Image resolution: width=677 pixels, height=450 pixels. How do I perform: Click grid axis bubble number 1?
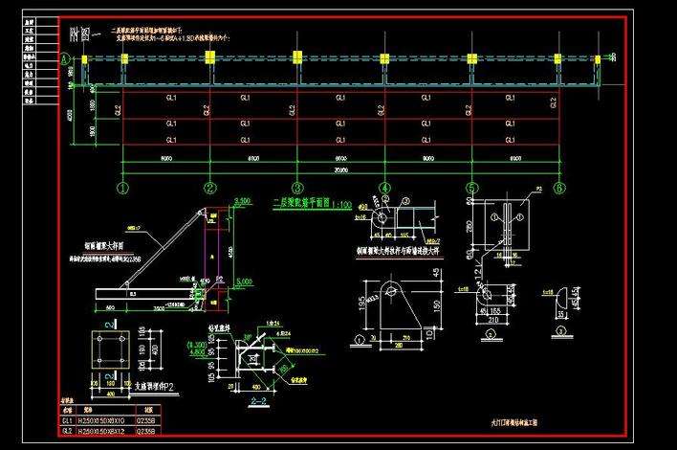(x=122, y=188)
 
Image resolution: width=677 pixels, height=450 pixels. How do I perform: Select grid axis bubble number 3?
(x=297, y=188)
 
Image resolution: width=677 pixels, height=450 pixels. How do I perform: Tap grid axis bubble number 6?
(x=559, y=188)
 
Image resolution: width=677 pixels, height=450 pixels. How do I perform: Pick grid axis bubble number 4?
(x=384, y=188)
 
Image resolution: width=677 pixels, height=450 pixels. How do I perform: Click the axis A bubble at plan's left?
(x=65, y=58)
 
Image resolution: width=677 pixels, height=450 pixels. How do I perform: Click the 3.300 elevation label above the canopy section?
(x=243, y=202)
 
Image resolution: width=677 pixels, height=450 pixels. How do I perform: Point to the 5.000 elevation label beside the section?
(x=243, y=282)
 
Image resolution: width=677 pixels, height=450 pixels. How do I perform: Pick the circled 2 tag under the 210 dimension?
(x=490, y=334)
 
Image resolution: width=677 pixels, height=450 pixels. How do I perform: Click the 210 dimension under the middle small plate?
(x=489, y=322)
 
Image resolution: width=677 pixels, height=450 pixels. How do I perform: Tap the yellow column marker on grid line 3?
(x=296, y=57)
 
